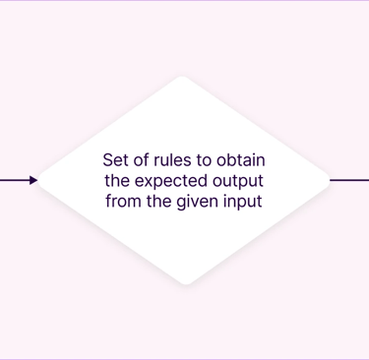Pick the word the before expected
[x=117, y=181]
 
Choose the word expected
[x=171, y=182]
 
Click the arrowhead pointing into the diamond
[x=33, y=180]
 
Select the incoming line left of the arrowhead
[x=15, y=180]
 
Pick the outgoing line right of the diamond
[x=349, y=180]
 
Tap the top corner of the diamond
[x=183, y=77]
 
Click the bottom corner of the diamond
[x=186, y=284]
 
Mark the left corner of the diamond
[x=38, y=180]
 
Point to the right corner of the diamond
[x=330, y=180]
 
